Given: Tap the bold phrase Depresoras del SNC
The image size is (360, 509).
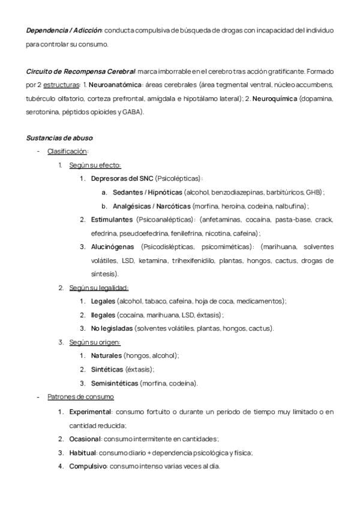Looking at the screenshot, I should (x=122, y=178).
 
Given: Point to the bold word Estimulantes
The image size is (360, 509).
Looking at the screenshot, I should (x=112, y=219).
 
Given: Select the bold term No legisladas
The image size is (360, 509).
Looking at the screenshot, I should (x=112, y=328).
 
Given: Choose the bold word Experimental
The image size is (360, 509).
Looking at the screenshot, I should (x=90, y=412).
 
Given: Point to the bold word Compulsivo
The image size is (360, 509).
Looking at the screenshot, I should (x=88, y=466).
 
